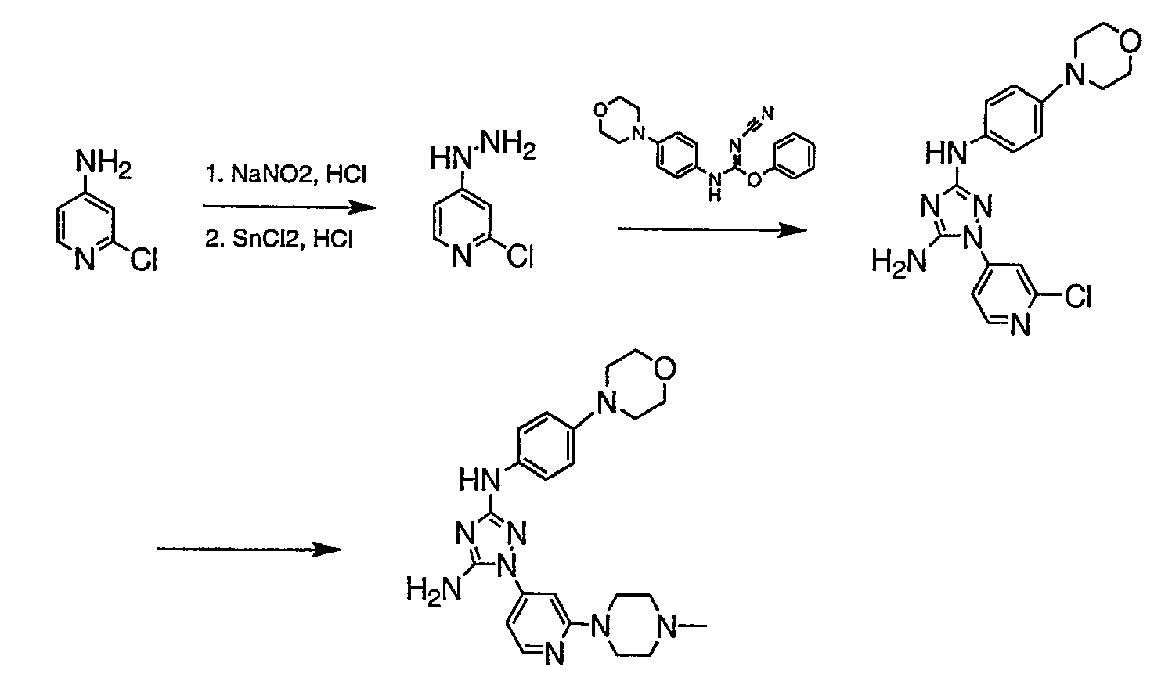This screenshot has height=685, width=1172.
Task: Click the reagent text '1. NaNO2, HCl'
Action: pos(287,174)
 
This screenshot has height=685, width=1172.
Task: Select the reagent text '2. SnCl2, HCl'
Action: pos(279,239)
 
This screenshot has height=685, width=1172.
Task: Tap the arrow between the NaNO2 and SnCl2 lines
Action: pos(290,207)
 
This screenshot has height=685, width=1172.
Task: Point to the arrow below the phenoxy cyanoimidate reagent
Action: pos(712,229)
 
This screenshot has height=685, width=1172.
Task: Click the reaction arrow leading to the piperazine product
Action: pos(248,549)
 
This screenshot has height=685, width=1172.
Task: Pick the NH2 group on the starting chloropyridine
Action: pos(103,164)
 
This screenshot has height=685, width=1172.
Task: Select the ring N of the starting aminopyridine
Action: pos(85,259)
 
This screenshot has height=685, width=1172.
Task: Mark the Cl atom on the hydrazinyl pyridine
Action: pos(520,257)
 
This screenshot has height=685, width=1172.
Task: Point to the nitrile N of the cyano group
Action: pos(767,113)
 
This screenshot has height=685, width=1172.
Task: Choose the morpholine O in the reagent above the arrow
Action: pos(600,110)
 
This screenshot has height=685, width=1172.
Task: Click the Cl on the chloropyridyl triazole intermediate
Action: pos(1078,296)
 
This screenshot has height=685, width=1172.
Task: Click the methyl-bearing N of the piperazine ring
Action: pos(666,626)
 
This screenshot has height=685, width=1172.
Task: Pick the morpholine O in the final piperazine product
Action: pos(665,369)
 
